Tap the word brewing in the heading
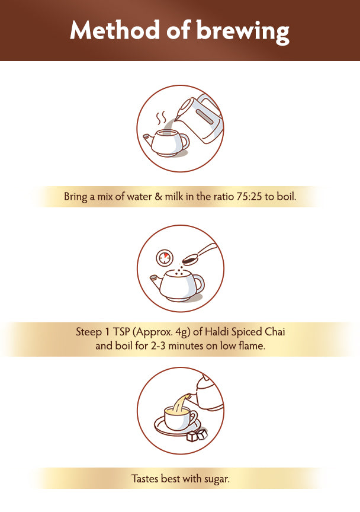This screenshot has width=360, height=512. [x=243, y=32]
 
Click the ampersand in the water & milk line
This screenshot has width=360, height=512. [x=158, y=197]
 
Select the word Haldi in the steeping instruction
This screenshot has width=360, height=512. [x=217, y=332]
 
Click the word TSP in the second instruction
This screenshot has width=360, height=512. [x=121, y=332]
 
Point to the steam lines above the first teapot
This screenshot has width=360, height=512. [x=161, y=119]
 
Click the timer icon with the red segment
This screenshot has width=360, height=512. [x=163, y=258]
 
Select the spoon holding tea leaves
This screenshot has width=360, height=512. [x=199, y=254]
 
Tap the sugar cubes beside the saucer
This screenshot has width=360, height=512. [x=197, y=436]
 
